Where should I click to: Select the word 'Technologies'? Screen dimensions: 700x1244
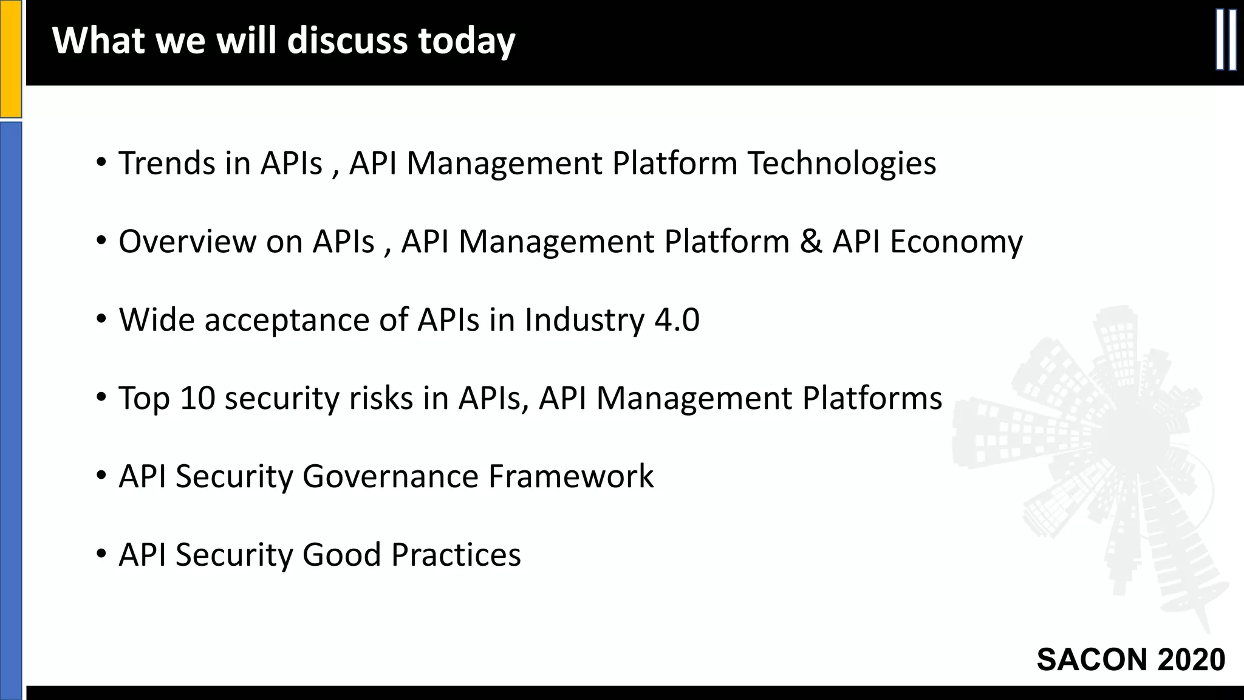tap(841, 164)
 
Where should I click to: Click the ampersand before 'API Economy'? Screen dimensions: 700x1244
tap(810, 241)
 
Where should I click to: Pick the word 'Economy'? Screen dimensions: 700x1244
tap(956, 242)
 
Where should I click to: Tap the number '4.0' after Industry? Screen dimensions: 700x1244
tap(677, 320)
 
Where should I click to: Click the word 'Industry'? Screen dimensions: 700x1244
tap(584, 320)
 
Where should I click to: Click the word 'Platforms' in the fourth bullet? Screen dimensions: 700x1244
tap(872, 398)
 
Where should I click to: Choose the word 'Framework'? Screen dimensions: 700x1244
tap(571, 476)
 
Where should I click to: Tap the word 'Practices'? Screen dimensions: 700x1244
tap(456, 554)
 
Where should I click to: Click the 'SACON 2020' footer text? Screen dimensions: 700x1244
tap(1130, 660)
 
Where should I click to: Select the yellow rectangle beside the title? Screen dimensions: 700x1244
tap(10, 58)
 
